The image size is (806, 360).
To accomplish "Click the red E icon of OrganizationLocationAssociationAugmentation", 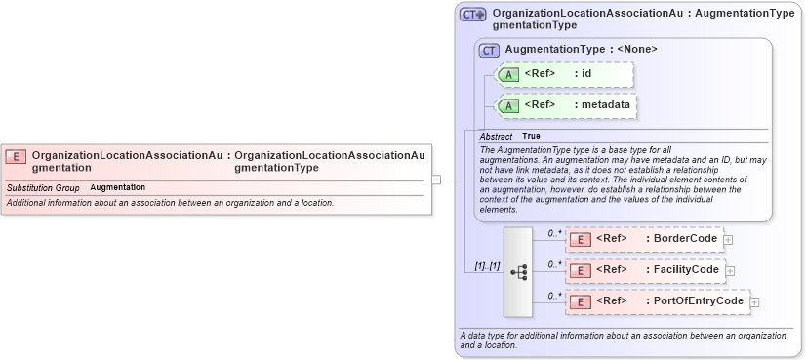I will click(x=16, y=156).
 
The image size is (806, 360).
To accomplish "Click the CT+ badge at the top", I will click(x=473, y=15).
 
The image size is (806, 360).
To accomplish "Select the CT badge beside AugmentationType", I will click(x=489, y=50).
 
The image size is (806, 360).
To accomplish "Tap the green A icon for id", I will click(x=508, y=74).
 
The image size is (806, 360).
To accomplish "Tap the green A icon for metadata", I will click(x=508, y=105).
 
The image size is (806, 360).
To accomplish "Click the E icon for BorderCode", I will click(x=580, y=239).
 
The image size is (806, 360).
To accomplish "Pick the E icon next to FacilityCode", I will click(x=580, y=270).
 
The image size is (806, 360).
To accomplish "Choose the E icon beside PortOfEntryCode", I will click(x=580, y=302).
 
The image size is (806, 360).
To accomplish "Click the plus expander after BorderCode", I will click(x=728, y=240).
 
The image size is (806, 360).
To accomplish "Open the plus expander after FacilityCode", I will click(x=730, y=271).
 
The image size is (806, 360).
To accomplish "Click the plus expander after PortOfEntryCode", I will click(x=754, y=302).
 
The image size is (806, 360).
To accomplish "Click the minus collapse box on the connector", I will click(x=436, y=180).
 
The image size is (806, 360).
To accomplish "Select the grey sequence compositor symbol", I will click(x=518, y=272).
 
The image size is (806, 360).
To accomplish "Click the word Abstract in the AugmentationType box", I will click(x=496, y=136).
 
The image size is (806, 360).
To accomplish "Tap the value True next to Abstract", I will click(x=531, y=136).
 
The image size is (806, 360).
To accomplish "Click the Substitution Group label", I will click(x=43, y=187).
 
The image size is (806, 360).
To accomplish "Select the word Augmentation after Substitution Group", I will click(x=117, y=187).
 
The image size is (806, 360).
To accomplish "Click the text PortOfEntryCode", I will click(x=698, y=301).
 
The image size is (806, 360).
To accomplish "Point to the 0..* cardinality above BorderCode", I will click(x=553, y=233).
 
